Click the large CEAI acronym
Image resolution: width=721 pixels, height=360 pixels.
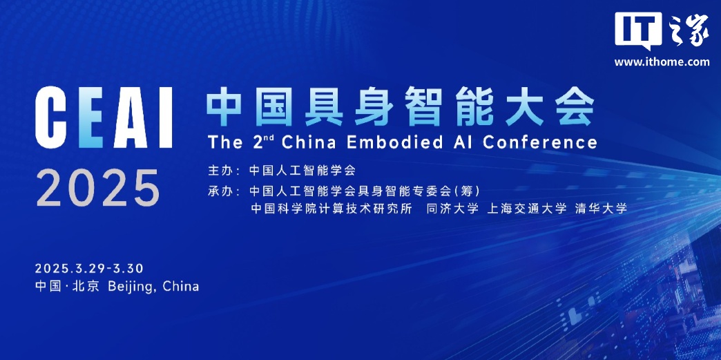[104, 117]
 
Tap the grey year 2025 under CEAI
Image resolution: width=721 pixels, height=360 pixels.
[97, 187]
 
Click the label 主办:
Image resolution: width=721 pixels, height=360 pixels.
[224, 171]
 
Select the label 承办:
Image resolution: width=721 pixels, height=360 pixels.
[224, 191]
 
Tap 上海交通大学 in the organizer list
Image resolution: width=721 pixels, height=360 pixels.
[526, 209]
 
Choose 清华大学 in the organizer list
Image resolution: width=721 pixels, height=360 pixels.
[601, 209]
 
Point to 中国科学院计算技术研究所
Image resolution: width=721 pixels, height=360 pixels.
[331, 209]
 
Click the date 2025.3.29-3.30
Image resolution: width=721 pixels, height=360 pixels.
[89, 268]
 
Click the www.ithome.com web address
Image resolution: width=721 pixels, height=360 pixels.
[662, 61]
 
